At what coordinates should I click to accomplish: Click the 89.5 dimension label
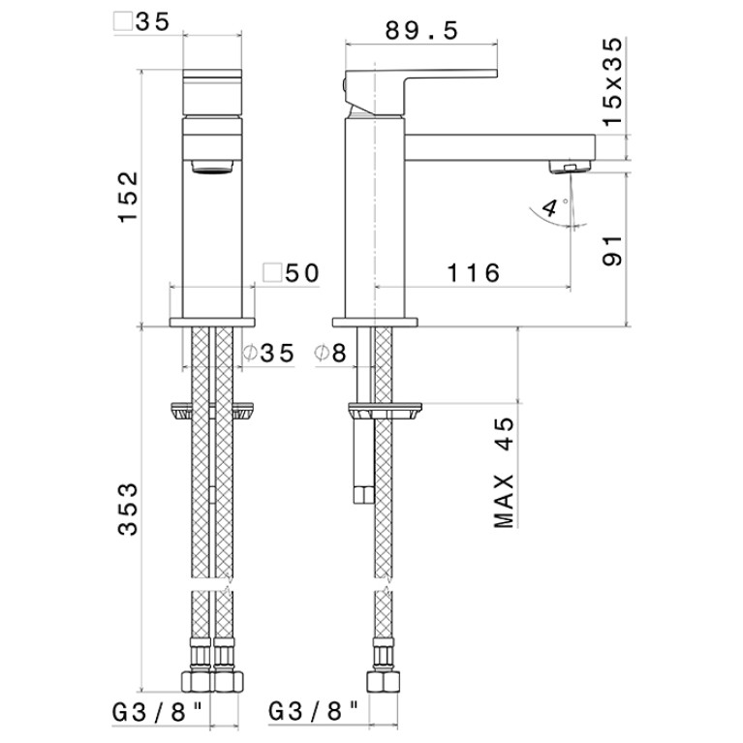point(421,31)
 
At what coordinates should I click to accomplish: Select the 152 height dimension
point(128,197)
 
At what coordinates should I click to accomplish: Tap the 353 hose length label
point(128,510)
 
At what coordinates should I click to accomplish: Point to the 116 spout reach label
point(474,273)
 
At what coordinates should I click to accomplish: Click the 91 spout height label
point(612,251)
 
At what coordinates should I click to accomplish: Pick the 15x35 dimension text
point(612,81)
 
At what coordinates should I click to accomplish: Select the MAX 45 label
point(503,473)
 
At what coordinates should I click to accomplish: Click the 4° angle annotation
point(554,207)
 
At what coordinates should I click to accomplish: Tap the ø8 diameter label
point(330,353)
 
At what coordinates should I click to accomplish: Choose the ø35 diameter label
point(268,353)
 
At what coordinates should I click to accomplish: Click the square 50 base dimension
point(292,273)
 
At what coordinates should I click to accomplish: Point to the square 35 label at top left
point(141,22)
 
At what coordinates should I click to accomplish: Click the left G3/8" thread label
point(157,712)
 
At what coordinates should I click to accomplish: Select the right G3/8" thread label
point(313,712)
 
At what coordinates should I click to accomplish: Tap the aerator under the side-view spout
point(570,167)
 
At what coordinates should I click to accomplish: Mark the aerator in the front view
point(212,168)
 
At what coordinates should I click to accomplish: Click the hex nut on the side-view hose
point(384,683)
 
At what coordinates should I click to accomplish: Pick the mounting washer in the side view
point(385,411)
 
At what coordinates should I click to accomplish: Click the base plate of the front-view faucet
point(212,323)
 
